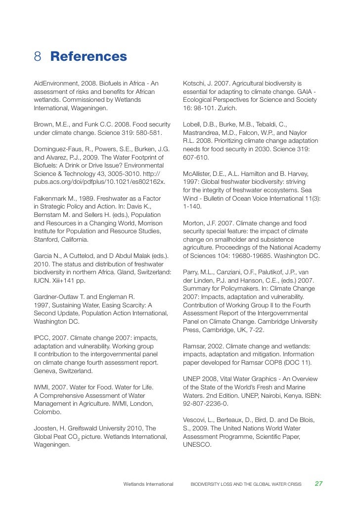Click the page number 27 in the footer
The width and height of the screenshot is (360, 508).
point(319,483)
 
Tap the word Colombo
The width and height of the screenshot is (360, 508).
point(46,411)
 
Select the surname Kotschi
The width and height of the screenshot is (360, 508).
point(193,83)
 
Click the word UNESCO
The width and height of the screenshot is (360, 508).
point(197,444)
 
